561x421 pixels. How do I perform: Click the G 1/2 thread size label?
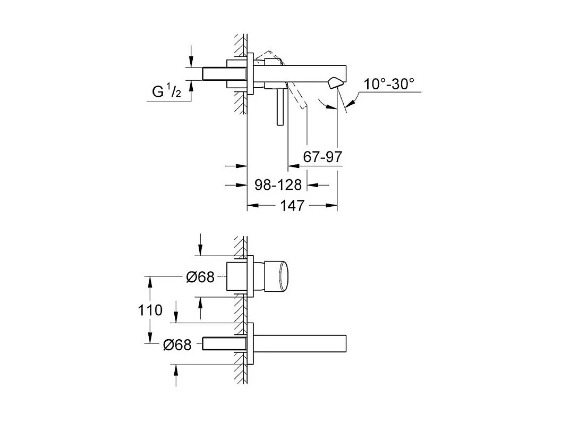click(x=166, y=91)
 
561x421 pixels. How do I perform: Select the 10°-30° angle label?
click(x=388, y=84)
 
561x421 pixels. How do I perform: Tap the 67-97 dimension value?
click(x=322, y=157)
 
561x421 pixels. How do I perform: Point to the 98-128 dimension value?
click(x=278, y=185)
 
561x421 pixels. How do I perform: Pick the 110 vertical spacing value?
click(x=150, y=309)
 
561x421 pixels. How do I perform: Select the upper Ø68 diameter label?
click(x=200, y=277)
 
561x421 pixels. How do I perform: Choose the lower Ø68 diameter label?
click(x=177, y=344)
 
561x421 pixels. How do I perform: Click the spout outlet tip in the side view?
click(x=336, y=83)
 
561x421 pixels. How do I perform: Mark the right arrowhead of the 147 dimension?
click(x=333, y=205)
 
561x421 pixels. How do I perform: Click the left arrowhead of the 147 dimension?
click(x=252, y=205)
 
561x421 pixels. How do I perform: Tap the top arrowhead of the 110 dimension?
click(x=150, y=280)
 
